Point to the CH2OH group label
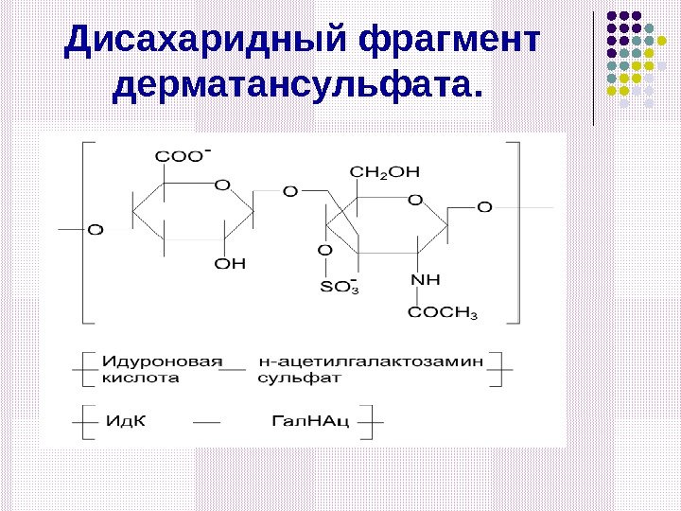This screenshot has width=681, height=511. pos(384,171)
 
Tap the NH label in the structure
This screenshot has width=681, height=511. pos(426,280)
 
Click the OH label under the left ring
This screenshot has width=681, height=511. pos(229,263)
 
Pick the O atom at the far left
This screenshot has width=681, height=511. pos(96,229)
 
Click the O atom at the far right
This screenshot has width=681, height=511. pos(484,206)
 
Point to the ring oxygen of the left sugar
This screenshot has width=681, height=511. pos(222,184)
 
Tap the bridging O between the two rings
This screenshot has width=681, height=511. pos(289,192)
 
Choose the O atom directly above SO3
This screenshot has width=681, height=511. pos(324,250)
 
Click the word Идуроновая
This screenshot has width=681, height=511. pos(162,361)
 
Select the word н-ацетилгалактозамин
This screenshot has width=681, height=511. pos(371,361)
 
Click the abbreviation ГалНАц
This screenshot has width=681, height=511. pos(310,419)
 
